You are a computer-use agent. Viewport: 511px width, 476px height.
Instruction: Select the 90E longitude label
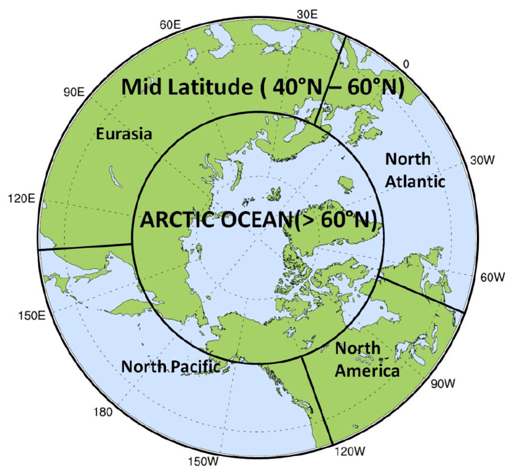[74, 92]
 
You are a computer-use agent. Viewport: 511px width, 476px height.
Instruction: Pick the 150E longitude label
[32, 315]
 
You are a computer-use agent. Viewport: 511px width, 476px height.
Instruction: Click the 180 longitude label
[103, 412]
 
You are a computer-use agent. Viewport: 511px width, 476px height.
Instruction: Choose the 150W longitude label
[203, 461]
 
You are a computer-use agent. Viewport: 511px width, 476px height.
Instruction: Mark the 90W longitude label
[443, 384]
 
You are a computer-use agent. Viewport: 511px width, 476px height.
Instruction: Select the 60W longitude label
[492, 277]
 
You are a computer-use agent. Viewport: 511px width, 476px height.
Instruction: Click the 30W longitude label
[482, 161]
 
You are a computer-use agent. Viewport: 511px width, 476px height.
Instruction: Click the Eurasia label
[124, 134]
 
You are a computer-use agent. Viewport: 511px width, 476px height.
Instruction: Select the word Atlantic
[415, 182]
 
